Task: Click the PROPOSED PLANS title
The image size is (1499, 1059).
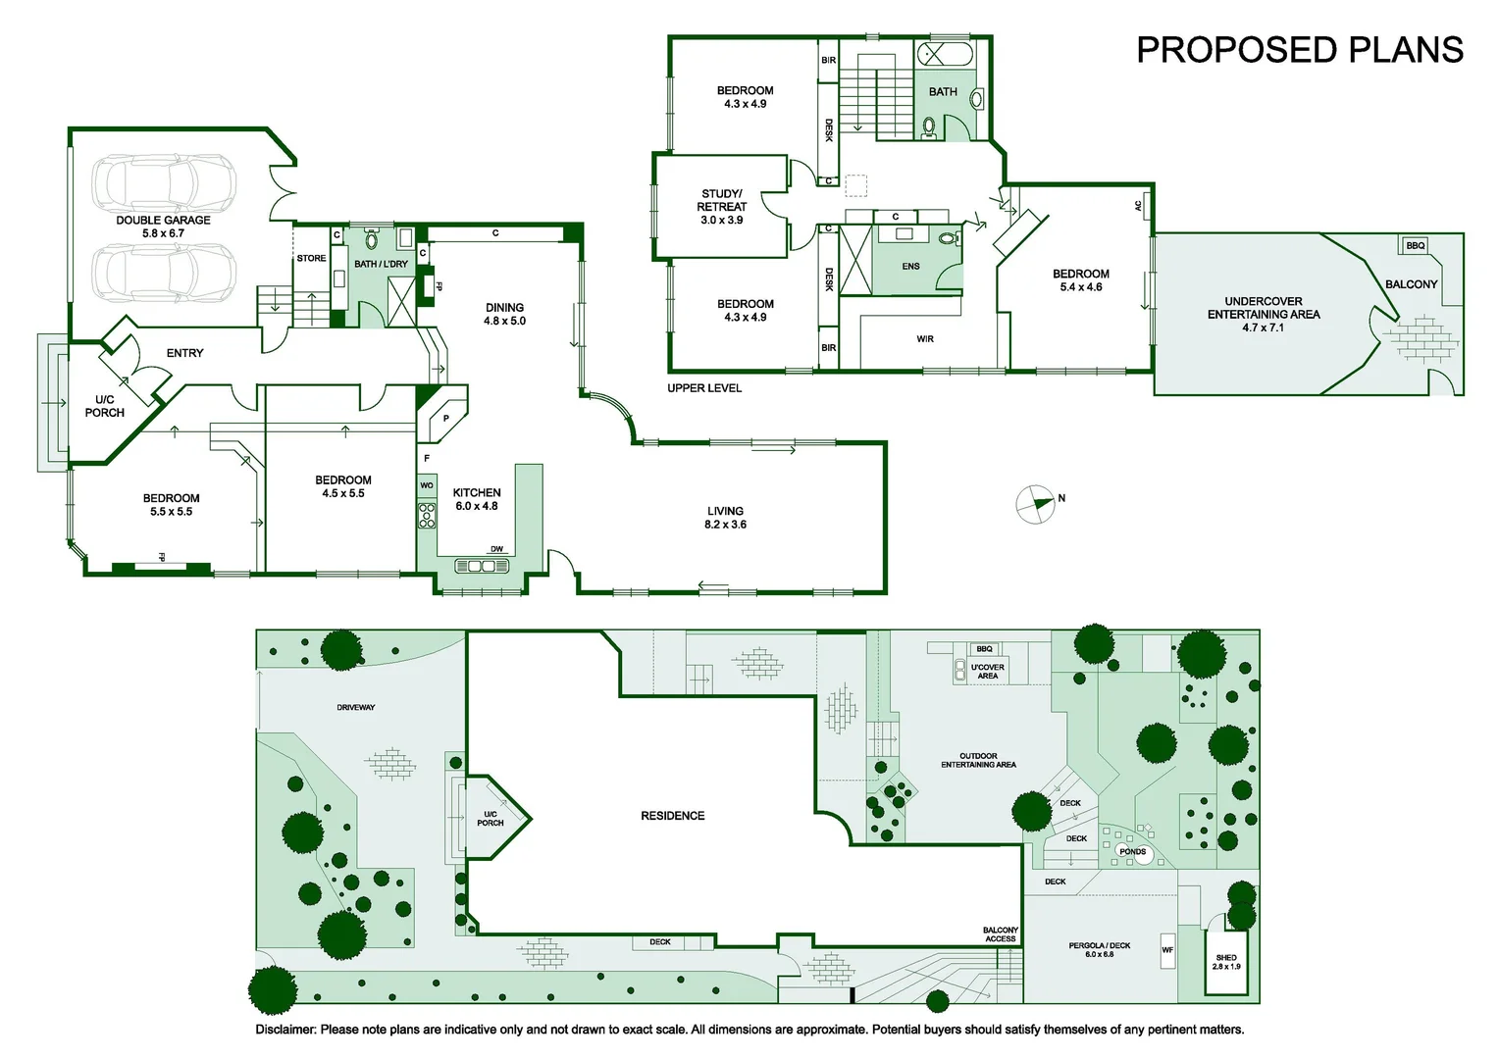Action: pos(1300,50)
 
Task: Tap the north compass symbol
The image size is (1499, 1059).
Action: pos(1035,504)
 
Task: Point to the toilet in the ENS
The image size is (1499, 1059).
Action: pos(949,237)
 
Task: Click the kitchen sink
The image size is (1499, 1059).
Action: pos(482,566)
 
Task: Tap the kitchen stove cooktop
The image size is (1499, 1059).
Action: pos(427,515)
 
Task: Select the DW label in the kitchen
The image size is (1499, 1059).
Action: pos(496,549)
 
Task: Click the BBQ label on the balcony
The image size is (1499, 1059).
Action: pos(1416,245)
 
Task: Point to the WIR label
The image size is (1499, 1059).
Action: pos(925,339)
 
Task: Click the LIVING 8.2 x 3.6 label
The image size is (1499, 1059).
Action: pos(725,517)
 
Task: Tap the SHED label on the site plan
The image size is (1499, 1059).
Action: pos(1226,957)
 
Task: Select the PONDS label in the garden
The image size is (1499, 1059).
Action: pos(1132,852)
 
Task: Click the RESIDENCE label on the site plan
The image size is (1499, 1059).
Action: pos(673,816)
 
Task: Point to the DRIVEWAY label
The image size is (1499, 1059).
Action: pos(356,707)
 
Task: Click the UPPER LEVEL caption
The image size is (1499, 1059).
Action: pos(704,388)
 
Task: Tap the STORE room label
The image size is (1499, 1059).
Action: pos(311,258)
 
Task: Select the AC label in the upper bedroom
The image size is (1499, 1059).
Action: pos(1138,206)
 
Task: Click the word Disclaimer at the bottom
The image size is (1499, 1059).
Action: pos(285,1030)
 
